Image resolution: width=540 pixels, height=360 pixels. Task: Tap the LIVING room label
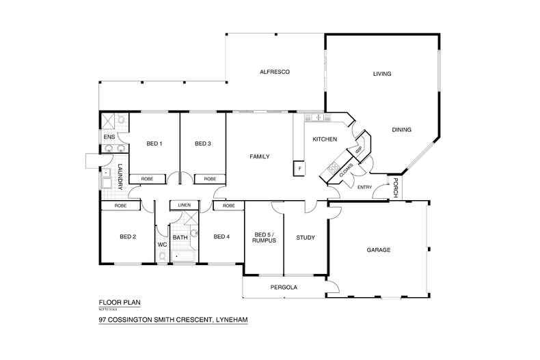[x=382, y=74]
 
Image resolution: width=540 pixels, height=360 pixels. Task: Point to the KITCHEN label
[x=325, y=139]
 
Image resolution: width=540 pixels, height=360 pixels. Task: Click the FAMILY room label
[x=259, y=156]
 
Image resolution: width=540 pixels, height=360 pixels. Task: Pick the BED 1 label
[x=154, y=143]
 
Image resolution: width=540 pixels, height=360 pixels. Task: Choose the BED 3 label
[x=202, y=143]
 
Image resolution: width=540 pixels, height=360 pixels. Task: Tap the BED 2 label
[x=128, y=237]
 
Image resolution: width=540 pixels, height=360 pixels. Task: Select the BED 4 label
[x=221, y=237]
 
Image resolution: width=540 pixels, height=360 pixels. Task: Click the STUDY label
[x=305, y=238]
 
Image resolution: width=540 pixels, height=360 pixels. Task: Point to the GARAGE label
[x=378, y=250]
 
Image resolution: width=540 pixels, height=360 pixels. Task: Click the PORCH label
[x=396, y=189]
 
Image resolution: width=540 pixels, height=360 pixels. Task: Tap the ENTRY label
[x=365, y=187]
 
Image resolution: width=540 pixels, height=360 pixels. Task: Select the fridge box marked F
[x=299, y=168]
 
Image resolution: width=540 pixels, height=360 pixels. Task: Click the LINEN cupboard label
[x=183, y=205]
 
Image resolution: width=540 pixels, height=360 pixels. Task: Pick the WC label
[x=162, y=244]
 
